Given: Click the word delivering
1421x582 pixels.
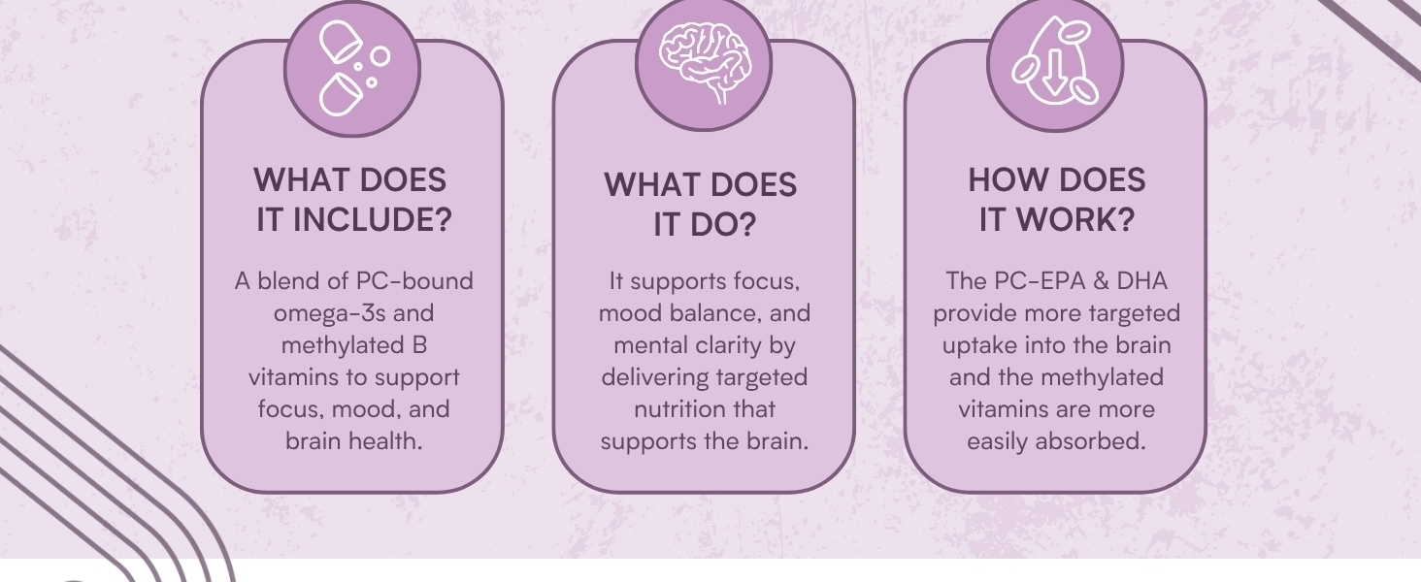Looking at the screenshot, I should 656,376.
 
